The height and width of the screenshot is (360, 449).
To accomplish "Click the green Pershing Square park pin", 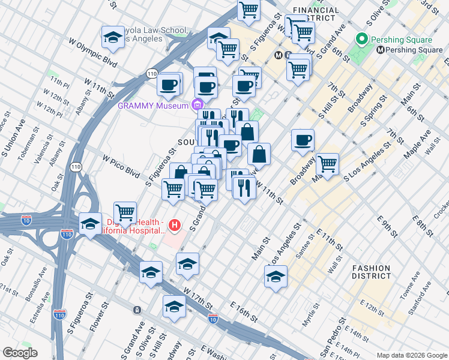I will (x=361, y=40).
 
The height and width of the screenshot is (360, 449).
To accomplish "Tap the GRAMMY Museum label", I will (x=152, y=106).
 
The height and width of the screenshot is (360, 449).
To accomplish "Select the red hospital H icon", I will (x=174, y=226).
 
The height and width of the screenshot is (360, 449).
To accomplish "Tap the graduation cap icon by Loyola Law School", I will (x=112, y=38).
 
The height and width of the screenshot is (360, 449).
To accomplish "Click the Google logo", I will (x=20, y=353).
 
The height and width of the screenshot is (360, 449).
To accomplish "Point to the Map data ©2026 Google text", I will (x=411, y=355).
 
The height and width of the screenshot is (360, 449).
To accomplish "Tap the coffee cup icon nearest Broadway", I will (x=303, y=140).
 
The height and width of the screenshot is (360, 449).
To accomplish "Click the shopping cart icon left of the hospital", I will (x=125, y=212).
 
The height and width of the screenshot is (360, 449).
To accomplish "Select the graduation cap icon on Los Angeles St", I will (x=276, y=276).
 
